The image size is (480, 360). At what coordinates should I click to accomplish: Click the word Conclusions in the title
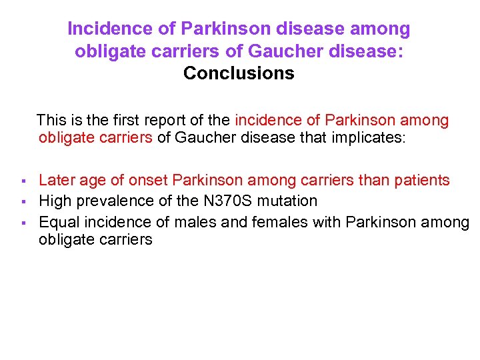click(x=239, y=73)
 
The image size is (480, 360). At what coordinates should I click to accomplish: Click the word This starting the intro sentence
click(x=52, y=120)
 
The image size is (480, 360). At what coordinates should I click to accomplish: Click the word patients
click(x=421, y=180)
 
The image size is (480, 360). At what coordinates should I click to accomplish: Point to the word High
click(x=55, y=201)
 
